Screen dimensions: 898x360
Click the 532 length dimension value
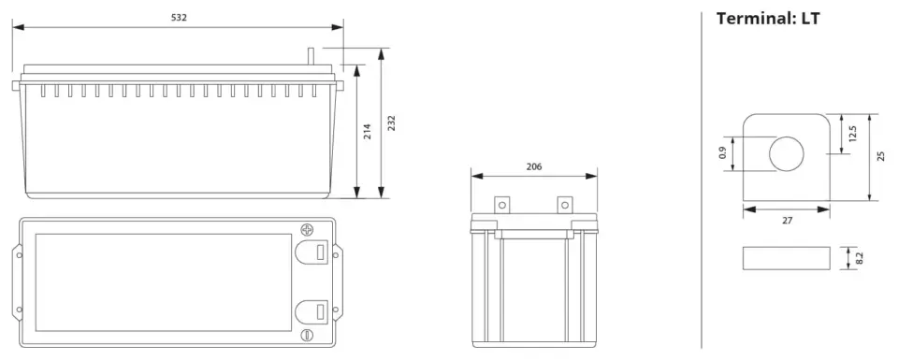[x=179, y=18]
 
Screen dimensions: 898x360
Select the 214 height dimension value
[x=368, y=132]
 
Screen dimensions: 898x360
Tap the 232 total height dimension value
[x=392, y=123]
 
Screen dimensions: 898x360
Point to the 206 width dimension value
[x=534, y=167]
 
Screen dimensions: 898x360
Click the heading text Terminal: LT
[x=768, y=19]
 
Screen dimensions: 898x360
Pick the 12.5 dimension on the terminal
[x=852, y=134]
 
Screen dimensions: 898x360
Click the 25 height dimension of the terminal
[x=881, y=155]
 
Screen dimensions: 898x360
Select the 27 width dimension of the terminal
[x=787, y=221]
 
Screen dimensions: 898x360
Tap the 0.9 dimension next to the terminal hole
[x=722, y=152]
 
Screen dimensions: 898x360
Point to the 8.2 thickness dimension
[x=859, y=258]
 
